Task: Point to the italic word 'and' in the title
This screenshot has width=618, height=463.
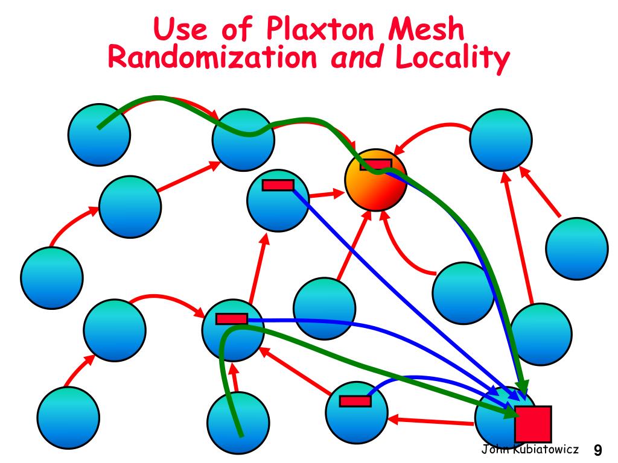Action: (x=359, y=58)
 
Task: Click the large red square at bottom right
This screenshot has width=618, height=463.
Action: (x=533, y=424)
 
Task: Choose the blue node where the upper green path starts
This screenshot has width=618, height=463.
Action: (x=99, y=134)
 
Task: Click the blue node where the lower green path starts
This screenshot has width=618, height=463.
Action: (x=238, y=422)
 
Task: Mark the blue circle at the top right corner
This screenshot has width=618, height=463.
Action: (x=501, y=139)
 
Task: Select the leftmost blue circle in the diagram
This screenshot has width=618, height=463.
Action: (x=51, y=278)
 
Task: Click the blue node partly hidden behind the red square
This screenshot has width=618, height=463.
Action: (x=498, y=416)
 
